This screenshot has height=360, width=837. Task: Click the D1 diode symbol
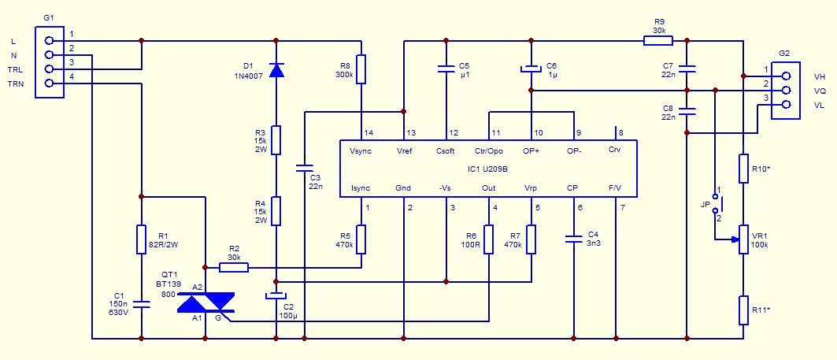276,70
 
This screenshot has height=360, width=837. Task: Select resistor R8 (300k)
361,69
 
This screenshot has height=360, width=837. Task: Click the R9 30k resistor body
657,41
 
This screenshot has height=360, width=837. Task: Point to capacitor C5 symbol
446,69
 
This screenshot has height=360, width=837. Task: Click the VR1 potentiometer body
743,239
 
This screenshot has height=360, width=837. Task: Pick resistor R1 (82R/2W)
142,239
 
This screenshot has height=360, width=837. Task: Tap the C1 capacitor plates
142,304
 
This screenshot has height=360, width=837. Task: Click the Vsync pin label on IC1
361,151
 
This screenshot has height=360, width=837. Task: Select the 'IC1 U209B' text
487,169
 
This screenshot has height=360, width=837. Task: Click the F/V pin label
616,188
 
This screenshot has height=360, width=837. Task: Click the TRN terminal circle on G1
50,83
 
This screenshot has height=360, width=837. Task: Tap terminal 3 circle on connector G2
785,105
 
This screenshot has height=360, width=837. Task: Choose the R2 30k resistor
234,266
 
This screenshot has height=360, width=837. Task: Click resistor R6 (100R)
488,239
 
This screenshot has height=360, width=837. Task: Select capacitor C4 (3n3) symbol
574,239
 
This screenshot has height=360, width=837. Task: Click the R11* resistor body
743,310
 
